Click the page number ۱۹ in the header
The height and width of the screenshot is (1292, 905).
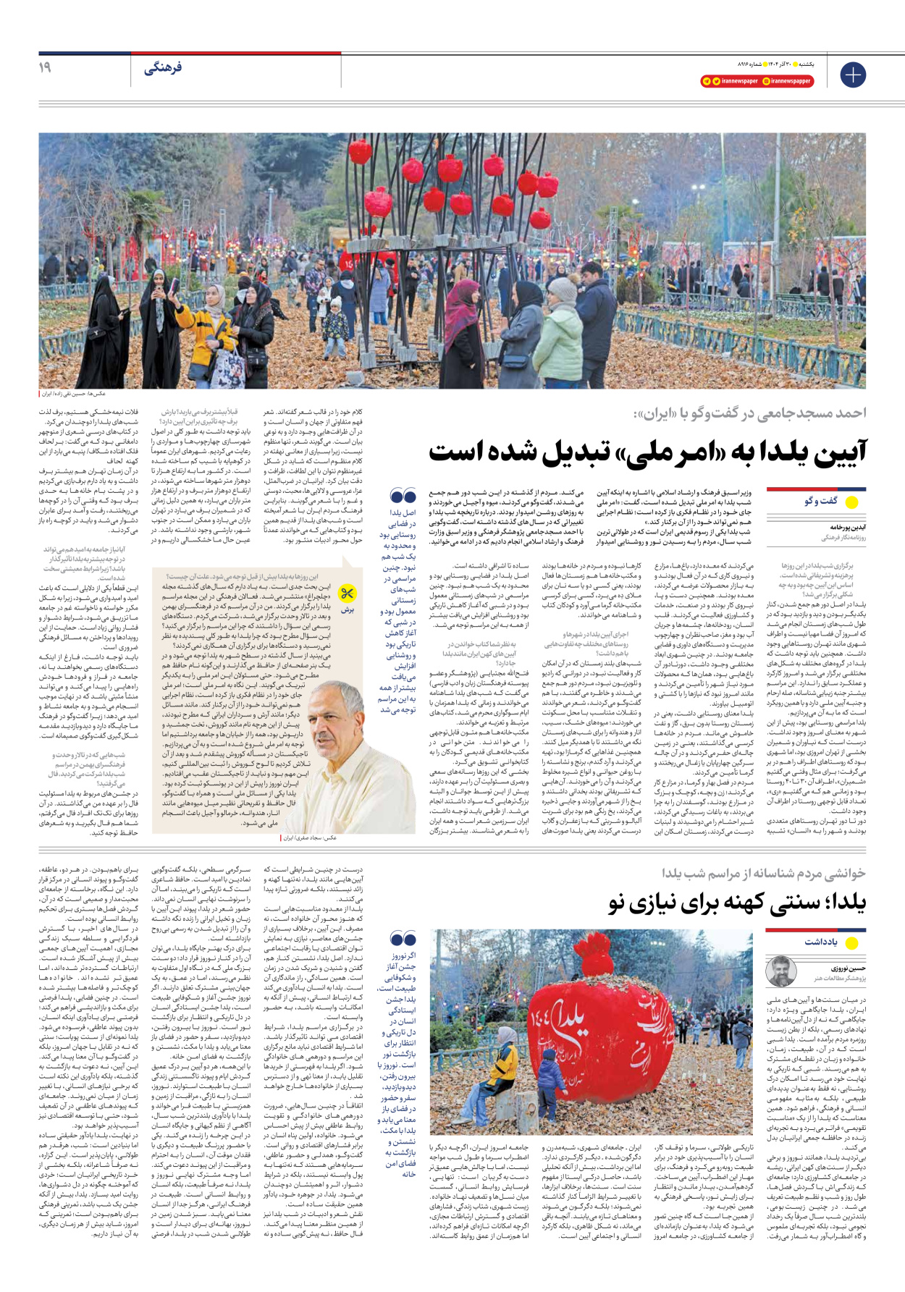click(x=45, y=67)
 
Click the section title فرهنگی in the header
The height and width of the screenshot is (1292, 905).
click(x=163, y=68)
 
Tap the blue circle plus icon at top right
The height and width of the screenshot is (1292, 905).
click(x=853, y=75)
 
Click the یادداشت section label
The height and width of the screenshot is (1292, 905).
click(x=821, y=942)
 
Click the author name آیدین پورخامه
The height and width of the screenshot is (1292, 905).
click(x=848, y=528)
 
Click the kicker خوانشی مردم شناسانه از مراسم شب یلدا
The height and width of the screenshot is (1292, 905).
click(x=764, y=874)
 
